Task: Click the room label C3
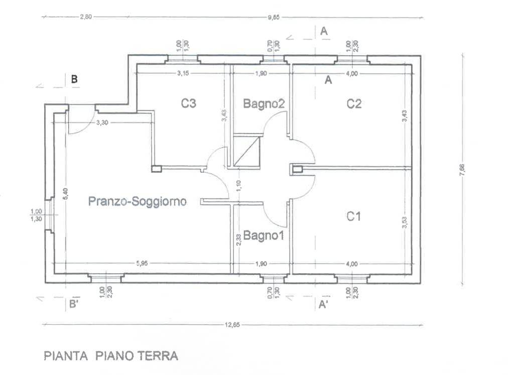click(x=188, y=104)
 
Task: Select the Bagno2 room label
click(x=264, y=104)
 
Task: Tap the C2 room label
click(x=354, y=104)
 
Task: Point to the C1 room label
click(x=354, y=216)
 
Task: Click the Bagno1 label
click(x=264, y=235)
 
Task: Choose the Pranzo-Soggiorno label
click(x=138, y=202)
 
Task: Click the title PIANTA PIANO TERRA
click(x=111, y=356)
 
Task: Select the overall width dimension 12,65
click(x=233, y=325)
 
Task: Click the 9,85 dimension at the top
click(x=274, y=17)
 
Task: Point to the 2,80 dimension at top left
click(x=86, y=17)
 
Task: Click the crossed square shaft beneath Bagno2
click(x=247, y=151)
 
